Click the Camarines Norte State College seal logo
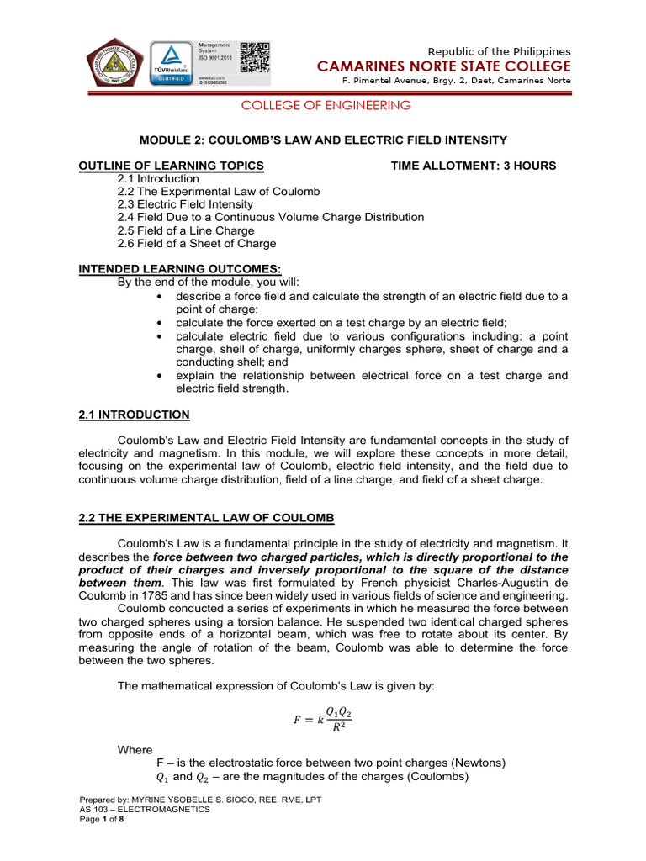tap(114, 64)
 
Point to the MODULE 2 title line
tap(323, 140)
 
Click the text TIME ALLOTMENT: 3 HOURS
tap(474, 166)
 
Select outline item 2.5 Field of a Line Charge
tap(185, 230)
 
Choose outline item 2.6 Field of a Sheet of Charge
tap(196, 244)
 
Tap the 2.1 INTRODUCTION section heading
tap(134, 415)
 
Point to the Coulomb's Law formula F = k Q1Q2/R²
tap(323, 720)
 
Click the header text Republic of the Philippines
tap(500, 52)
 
